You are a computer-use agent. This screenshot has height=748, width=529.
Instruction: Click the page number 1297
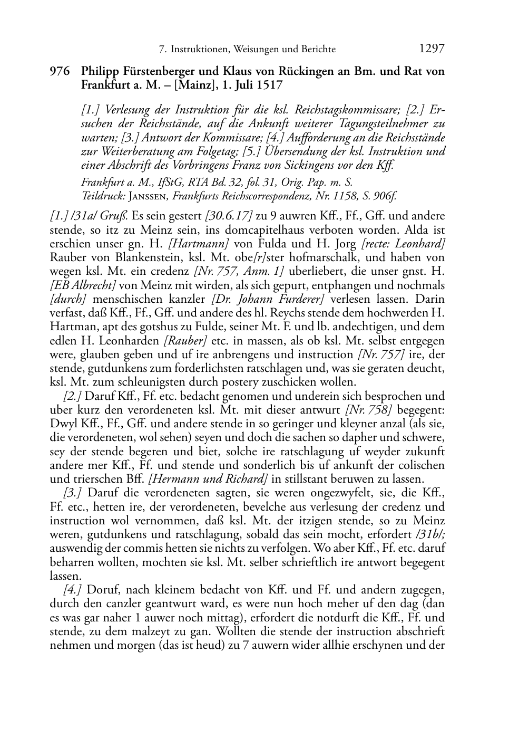[432, 49]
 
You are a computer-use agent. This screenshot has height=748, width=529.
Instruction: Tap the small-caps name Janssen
[149, 196]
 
